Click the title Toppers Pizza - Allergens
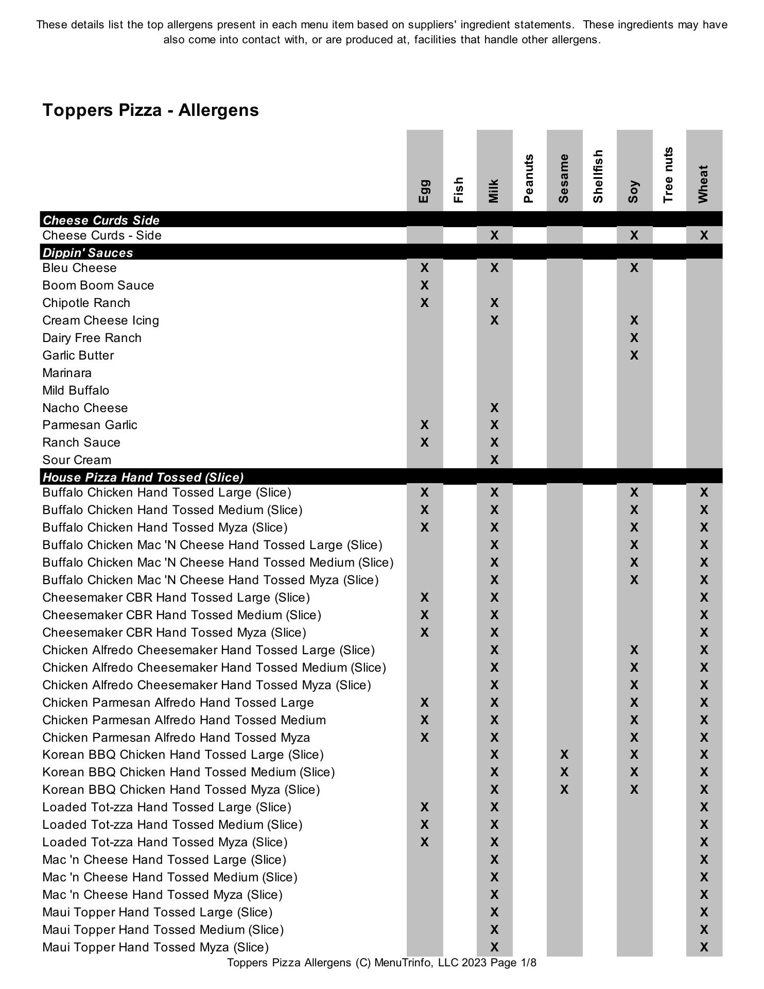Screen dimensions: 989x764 tap(150, 110)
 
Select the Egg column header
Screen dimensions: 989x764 tap(424, 191)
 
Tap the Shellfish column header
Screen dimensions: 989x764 tap(598, 176)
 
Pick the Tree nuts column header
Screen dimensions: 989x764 tap(668, 175)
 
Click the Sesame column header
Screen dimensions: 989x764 tap(564, 178)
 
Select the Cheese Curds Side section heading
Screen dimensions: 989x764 tap(101, 220)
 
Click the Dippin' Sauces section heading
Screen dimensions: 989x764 tap(88, 252)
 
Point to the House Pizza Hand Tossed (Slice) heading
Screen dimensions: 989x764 tap(143, 477)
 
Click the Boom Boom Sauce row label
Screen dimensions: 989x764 tap(98, 285)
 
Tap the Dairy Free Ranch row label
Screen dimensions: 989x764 tap(92, 338)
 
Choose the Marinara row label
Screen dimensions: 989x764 tap(67, 373)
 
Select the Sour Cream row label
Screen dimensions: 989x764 tap(77, 460)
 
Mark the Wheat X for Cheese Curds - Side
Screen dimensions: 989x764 tap(704, 235)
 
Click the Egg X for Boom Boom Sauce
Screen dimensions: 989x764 tap(424, 285)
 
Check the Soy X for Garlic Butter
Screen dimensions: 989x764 tap(634, 355)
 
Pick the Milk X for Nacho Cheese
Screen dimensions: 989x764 tap(494, 408)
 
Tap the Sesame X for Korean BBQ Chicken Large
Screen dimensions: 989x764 tap(564, 755)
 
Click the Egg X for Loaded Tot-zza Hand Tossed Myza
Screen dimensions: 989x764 tap(424, 842)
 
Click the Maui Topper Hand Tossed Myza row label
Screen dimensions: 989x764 tap(155, 947)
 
